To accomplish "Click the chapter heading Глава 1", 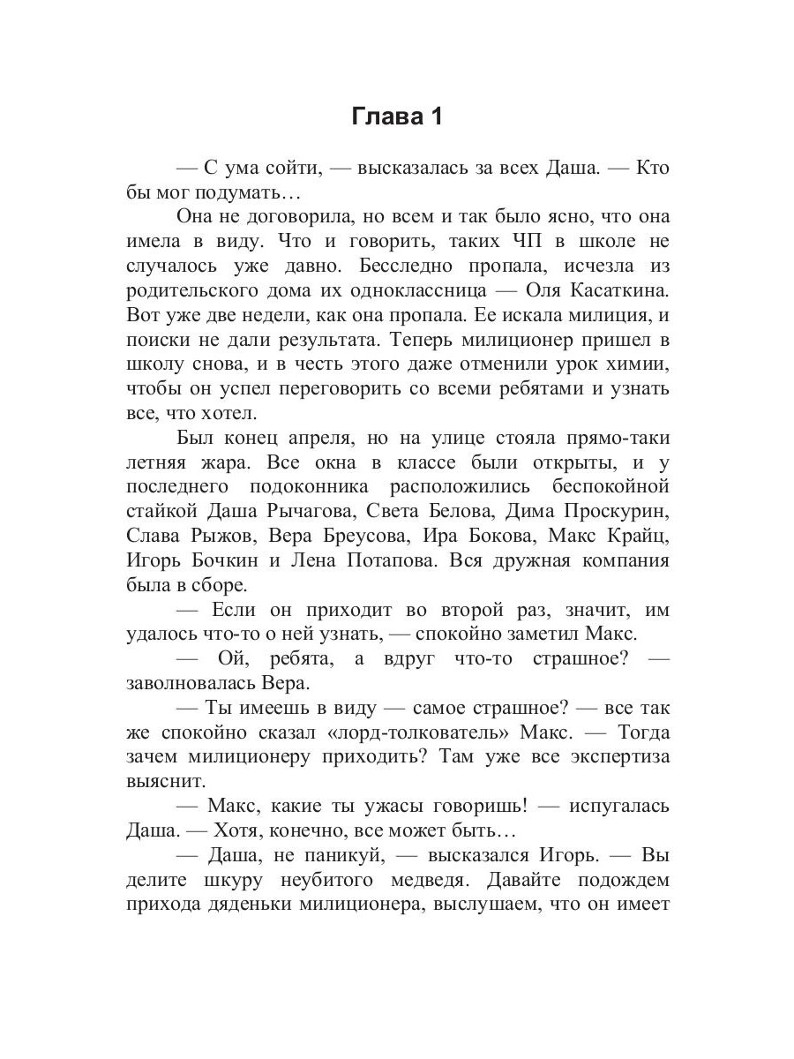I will (397, 116).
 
